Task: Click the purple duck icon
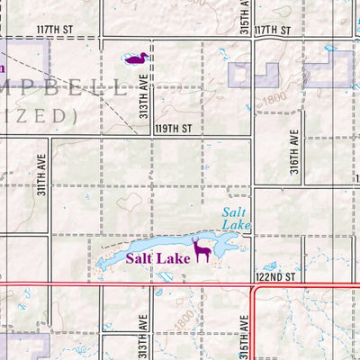click(137, 58)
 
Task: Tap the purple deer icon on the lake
click(202, 249)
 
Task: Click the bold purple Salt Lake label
click(157, 258)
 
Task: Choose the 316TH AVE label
click(294, 147)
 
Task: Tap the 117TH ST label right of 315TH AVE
click(274, 30)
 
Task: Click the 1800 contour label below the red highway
click(184, 318)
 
